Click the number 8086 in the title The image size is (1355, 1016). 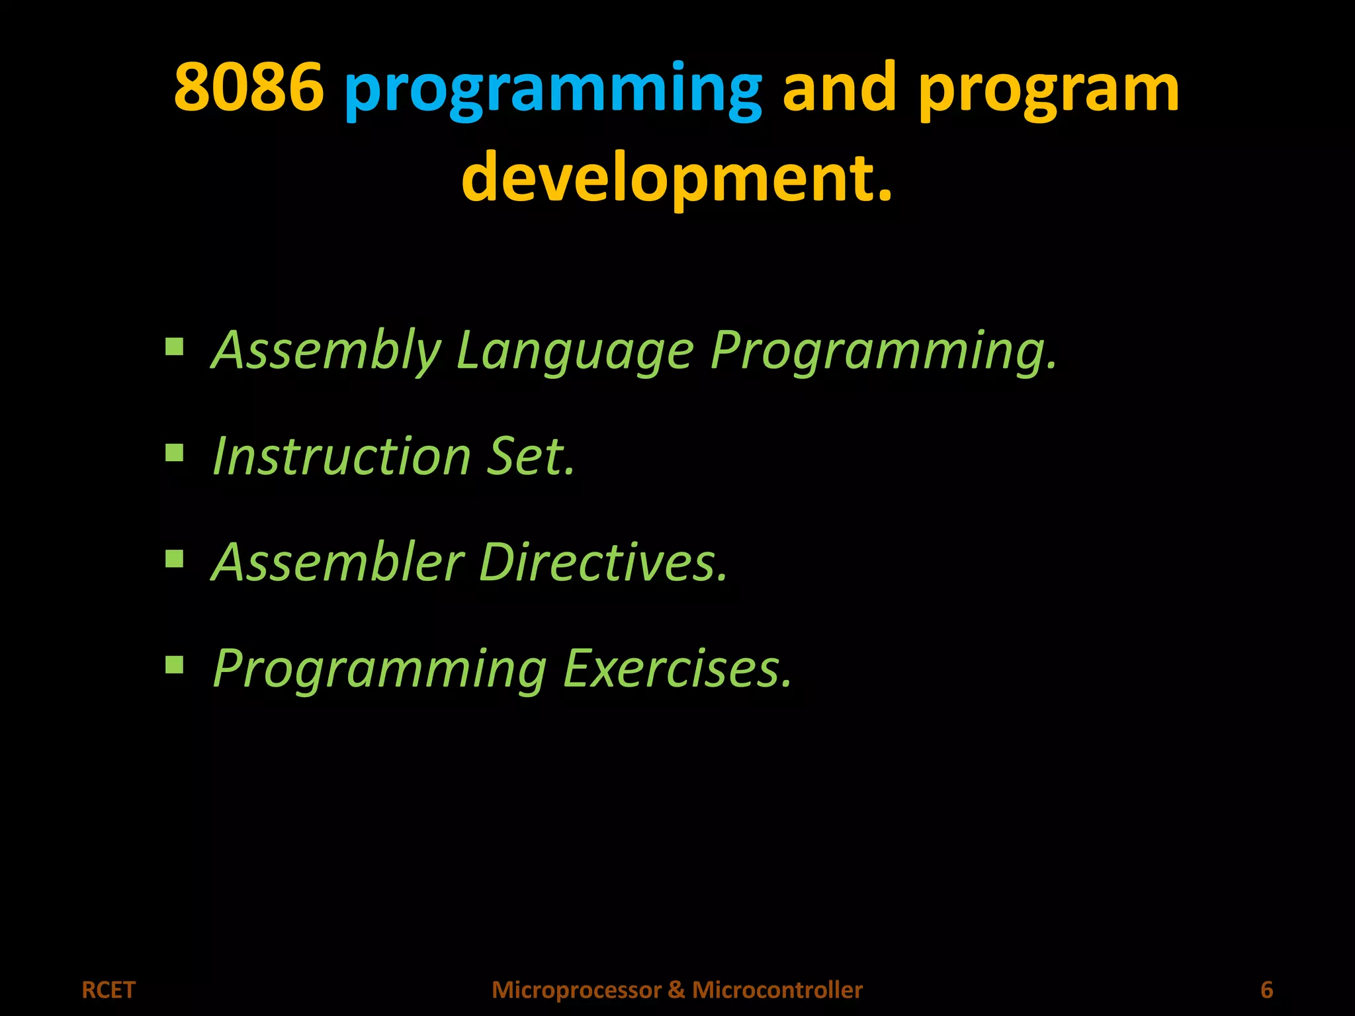click(249, 87)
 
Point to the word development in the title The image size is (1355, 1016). click(676, 177)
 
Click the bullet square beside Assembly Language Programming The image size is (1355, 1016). click(175, 347)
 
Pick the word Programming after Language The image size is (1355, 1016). click(883, 351)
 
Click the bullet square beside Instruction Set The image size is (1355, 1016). click(175, 453)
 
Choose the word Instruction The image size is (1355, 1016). click(341, 456)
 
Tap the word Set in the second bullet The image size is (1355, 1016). click(529, 456)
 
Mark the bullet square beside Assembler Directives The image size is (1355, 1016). click(175, 559)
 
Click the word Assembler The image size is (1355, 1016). click(338, 562)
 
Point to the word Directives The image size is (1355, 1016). click(602, 562)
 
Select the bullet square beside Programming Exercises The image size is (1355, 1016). click(175, 664)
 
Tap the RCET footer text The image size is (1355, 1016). click(109, 990)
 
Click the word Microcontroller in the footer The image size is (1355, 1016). click(777, 990)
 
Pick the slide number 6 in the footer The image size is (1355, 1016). click(1266, 990)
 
